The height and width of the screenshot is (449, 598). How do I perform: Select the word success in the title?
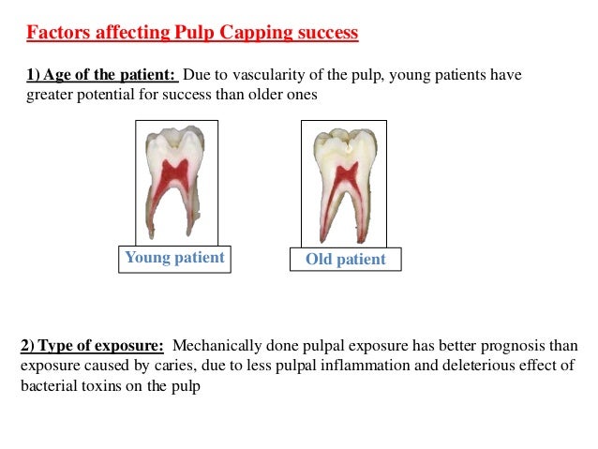(324, 35)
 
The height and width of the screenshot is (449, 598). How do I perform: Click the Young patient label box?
(174, 258)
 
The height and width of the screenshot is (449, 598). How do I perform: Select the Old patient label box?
(346, 259)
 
